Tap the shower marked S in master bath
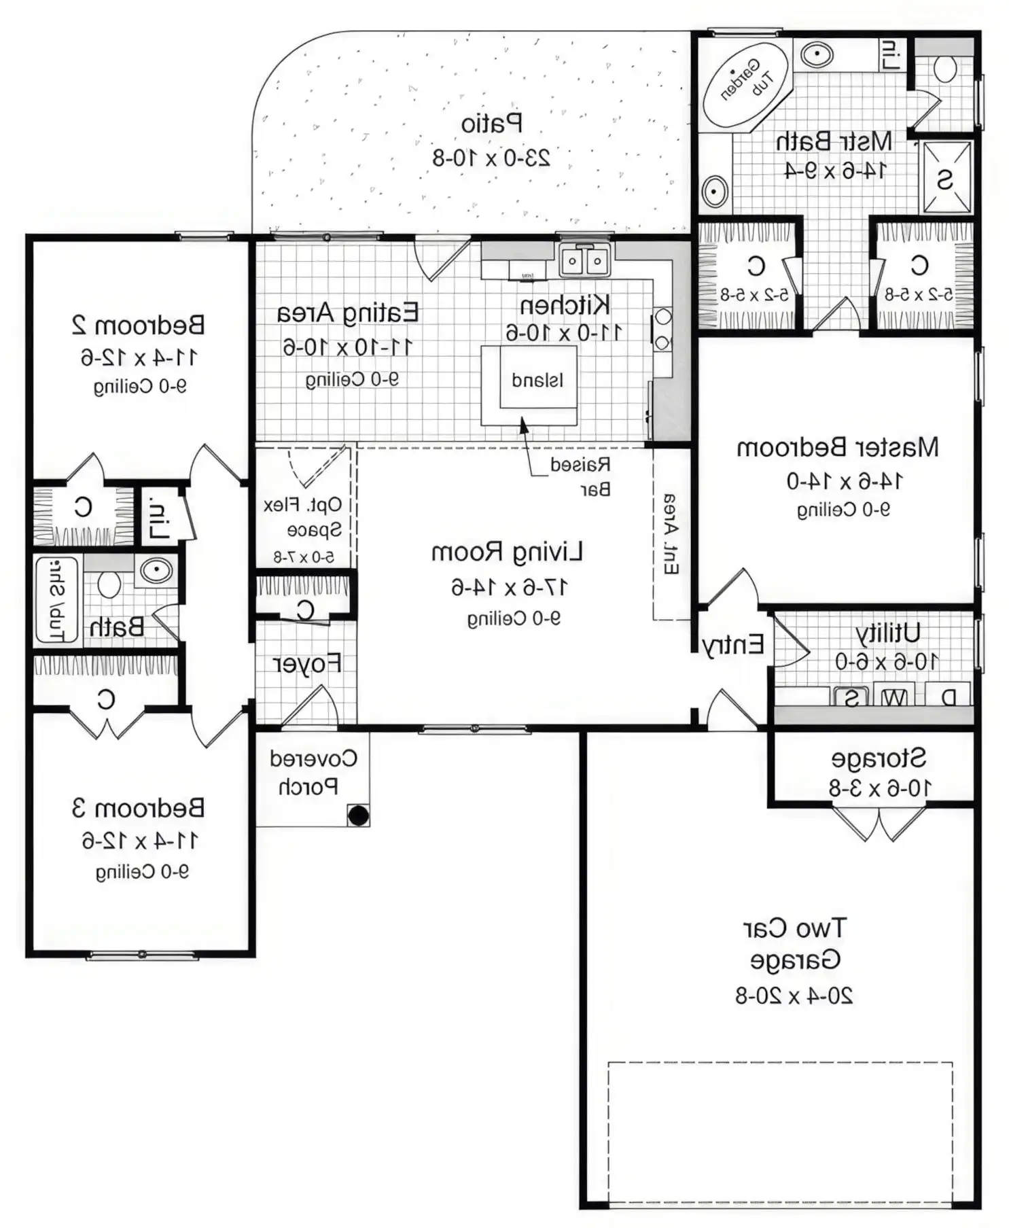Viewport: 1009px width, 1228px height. coord(946,178)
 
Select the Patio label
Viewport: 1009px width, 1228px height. coord(492,124)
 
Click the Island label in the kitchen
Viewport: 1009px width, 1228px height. coord(537,380)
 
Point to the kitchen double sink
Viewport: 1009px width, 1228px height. coord(585,260)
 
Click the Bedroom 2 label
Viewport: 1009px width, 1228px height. coord(138,325)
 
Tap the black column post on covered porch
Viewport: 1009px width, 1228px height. coord(358,815)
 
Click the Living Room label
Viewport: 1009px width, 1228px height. coord(507,552)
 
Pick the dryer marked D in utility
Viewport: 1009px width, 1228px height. coord(949,698)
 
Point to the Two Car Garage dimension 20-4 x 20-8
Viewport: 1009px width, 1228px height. coord(794,996)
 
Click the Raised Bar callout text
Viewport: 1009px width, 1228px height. coord(580,476)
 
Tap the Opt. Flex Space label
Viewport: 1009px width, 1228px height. coord(303,517)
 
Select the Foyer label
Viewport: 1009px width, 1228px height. coord(307,664)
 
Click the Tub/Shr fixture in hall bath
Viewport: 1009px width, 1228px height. coord(57,600)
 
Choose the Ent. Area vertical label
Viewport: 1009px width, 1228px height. coord(670,534)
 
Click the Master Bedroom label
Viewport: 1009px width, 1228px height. coord(838,448)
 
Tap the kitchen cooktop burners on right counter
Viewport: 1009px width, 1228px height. coord(662,330)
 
